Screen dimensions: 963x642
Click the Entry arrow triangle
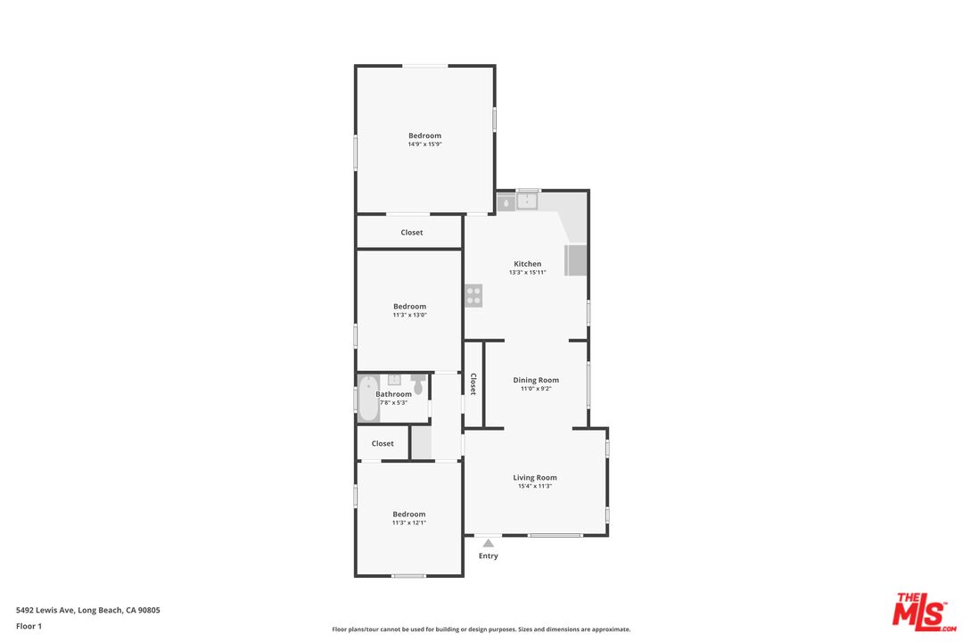pos(489,543)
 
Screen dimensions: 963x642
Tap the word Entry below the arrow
pos(489,556)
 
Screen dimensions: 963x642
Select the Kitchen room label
pos(528,264)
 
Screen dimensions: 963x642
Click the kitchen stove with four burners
pos(473,295)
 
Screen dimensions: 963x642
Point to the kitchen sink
pos(527,201)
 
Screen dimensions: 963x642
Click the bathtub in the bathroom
pos(368,398)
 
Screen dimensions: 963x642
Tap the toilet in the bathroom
pos(418,383)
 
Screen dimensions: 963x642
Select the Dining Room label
pos(536,380)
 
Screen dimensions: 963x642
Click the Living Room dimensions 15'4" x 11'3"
pos(535,486)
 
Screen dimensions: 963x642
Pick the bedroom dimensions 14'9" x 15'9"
pos(425,144)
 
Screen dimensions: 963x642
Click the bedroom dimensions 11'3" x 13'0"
pos(409,315)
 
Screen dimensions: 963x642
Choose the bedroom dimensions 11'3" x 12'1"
pos(409,523)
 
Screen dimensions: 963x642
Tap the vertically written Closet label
pos(473,384)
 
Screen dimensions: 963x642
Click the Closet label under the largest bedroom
pos(411,232)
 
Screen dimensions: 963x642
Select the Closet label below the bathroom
pos(383,443)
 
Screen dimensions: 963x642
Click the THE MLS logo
pos(925,612)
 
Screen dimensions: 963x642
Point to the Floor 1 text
pos(29,626)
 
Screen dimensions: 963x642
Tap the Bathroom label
pos(394,394)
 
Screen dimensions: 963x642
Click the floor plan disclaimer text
pos(481,630)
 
